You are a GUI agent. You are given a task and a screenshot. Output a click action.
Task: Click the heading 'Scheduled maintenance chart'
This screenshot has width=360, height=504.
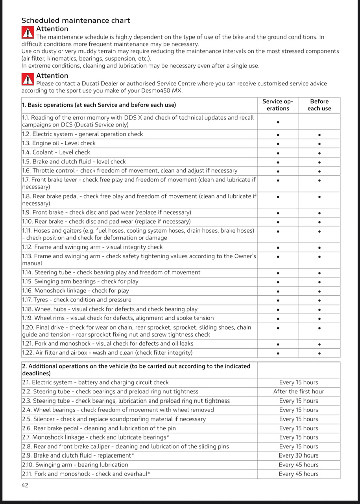click(x=76, y=20)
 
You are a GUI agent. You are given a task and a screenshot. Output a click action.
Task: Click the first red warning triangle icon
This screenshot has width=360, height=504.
click(x=28, y=32)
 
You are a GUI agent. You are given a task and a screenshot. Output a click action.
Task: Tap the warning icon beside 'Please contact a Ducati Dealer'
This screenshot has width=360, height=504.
click(x=28, y=79)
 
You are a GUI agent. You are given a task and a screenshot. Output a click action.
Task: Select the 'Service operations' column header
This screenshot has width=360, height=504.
click(x=278, y=105)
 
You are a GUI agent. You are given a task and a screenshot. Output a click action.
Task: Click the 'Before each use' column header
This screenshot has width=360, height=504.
click(x=319, y=105)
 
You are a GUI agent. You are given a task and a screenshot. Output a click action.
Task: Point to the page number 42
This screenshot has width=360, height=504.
click(x=25, y=485)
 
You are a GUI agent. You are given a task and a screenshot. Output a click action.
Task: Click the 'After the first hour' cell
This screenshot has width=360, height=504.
click(x=299, y=391)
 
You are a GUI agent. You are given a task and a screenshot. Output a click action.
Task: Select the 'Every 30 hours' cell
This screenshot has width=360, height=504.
click(x=299, y=456)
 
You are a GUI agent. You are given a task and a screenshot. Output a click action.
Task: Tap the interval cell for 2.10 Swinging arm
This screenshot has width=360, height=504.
click(x=299, y=465)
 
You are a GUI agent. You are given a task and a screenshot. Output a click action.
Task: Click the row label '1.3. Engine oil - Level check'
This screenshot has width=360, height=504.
click(x=59, y=143)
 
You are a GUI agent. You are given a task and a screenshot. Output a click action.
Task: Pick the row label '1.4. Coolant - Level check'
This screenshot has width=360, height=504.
click(x=56, y=152)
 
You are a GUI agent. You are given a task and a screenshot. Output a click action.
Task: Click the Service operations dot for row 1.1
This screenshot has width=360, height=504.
click(x=278, y=122)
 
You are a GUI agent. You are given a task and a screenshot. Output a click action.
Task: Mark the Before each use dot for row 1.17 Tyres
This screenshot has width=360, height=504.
click(x=319, y=300)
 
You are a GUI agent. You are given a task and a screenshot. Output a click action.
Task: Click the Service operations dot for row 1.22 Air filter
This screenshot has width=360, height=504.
click(x=278, y=353)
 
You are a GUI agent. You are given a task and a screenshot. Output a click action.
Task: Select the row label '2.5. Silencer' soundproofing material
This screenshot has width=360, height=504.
click(x=114, y=419)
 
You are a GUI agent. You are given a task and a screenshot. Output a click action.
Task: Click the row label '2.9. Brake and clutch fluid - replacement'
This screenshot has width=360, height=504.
click(x=78, y=456)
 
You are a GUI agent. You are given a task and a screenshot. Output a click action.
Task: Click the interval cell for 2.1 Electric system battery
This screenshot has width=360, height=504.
click(x=299, y=382)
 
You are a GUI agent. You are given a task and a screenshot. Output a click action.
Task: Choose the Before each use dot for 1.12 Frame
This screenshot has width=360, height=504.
click(x=319, y=248)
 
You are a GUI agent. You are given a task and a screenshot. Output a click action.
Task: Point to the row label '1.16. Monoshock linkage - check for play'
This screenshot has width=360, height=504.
click(x=76, y=291)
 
